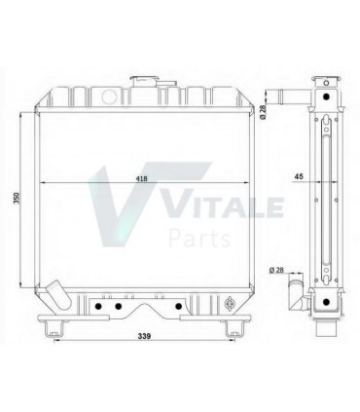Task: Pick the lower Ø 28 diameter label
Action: click(x=277, y=269)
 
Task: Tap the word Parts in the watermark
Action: click(x=199, y=238)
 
